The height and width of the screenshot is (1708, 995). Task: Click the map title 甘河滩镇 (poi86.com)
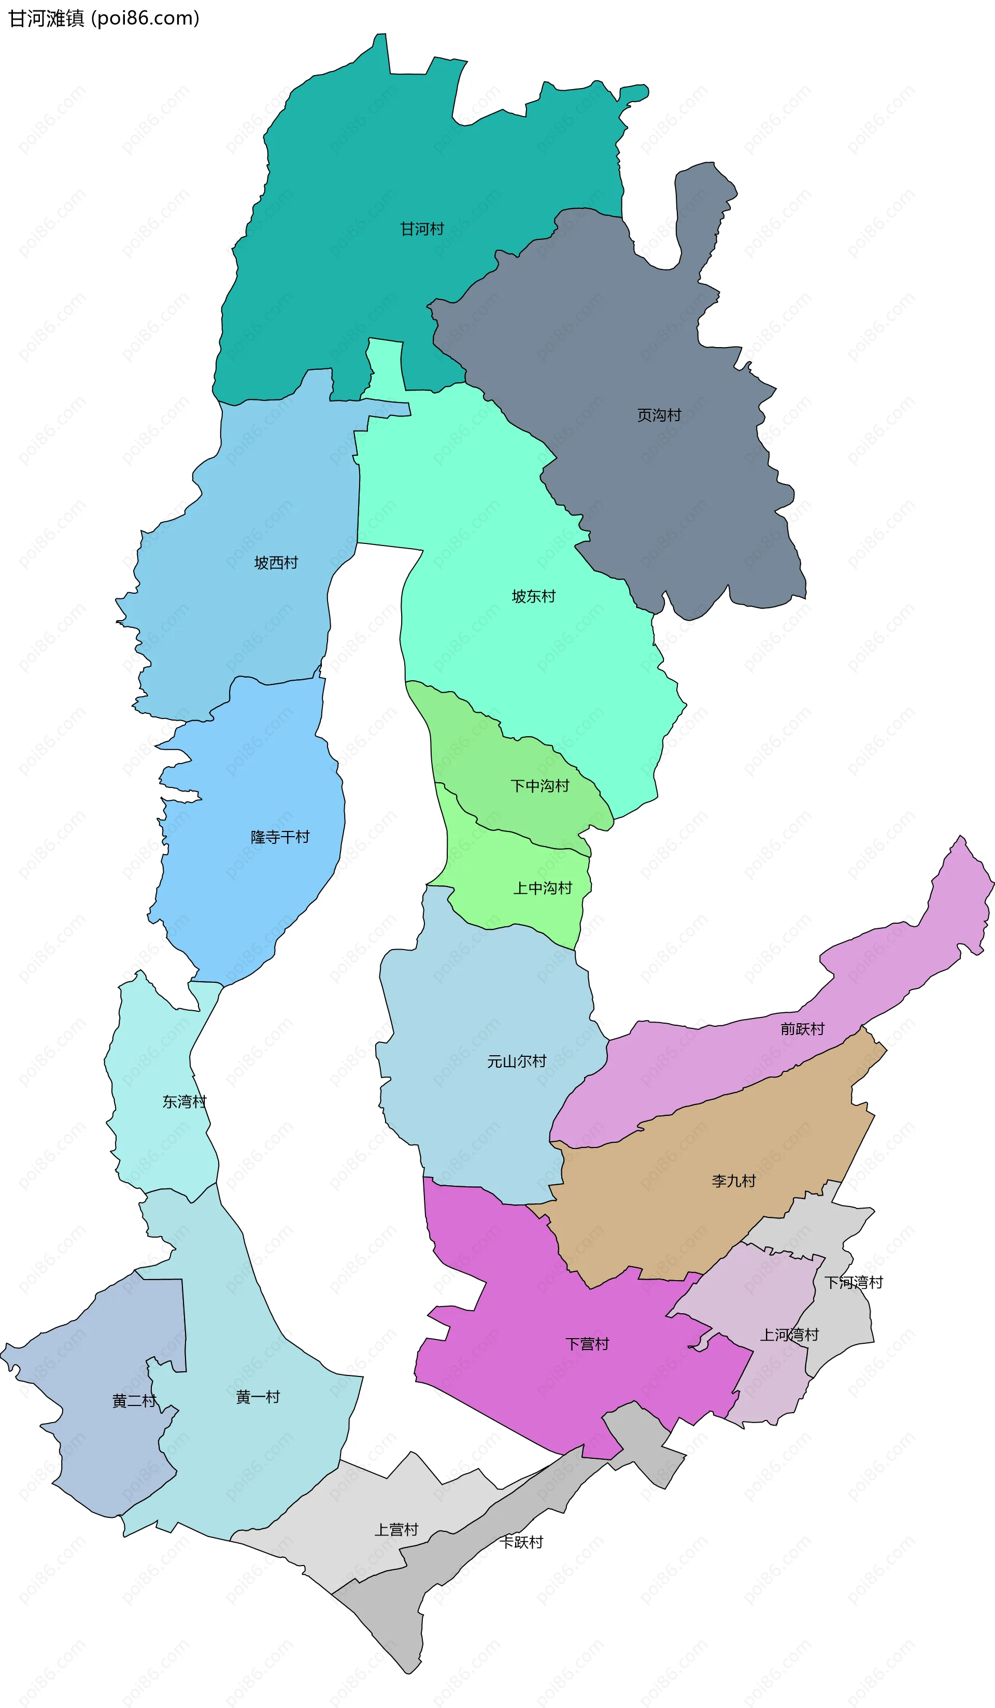click(x=104, y=18)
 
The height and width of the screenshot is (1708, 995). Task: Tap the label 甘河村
click(x=422, y=229)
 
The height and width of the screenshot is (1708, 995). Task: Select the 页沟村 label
click(x=659, y=415)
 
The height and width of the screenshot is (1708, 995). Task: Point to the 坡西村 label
click(x=276, y=563)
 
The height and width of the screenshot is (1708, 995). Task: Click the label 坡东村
click(x=533, y=596)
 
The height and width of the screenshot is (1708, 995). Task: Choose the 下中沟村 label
click(x=539, y=786)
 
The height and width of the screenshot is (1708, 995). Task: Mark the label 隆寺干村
click(x=280, y=837)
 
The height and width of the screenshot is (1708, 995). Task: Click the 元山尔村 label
click(x=517, y=1061)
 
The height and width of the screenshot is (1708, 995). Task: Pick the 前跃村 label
click(x=802, y=1029)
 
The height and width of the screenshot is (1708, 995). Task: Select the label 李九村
click(x=733, y=1181)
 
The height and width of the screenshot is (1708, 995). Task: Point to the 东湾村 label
click(x=183, y=1102)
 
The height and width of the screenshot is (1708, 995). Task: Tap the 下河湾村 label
click(x=854, y=1282)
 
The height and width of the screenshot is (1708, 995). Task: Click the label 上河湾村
click(x=789, y=1335)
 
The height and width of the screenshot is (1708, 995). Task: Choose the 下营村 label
click(x=587, y=1344)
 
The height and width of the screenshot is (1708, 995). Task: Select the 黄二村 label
click(x=134, y=1401)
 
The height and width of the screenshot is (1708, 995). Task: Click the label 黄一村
click(x=258, y=1397)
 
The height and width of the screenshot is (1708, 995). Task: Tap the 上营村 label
click(x=396, y=1530)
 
